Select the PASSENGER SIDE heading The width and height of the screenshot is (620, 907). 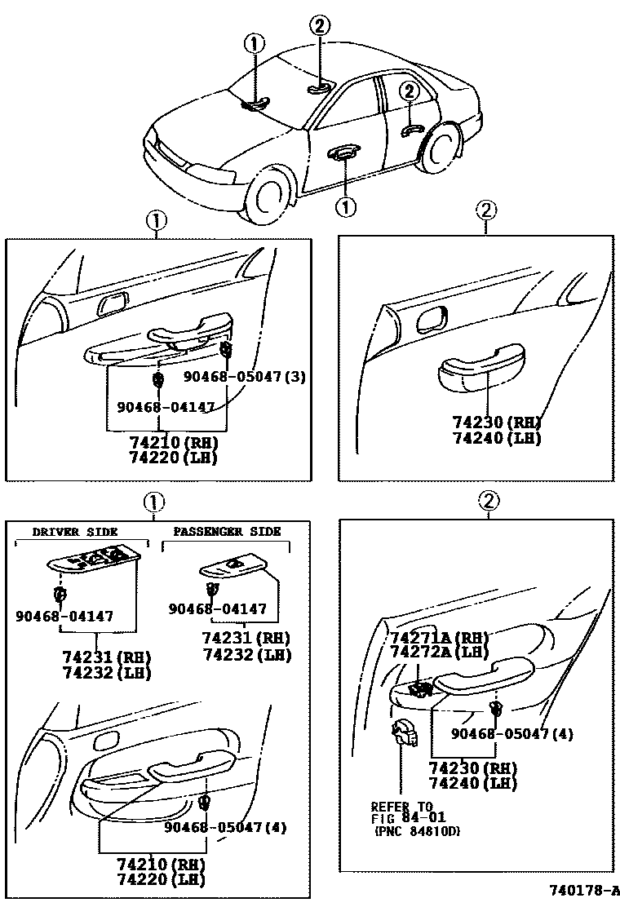[227, 532]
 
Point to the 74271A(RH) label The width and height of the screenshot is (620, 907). [439, 638]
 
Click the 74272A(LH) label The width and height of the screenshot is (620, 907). [439, 653]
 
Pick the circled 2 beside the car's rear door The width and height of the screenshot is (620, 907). [409, 91]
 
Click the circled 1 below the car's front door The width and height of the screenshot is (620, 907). [346, 207]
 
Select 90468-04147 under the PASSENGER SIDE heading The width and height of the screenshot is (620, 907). [218, 608]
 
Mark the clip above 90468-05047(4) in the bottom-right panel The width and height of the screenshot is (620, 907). [494, 708]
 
